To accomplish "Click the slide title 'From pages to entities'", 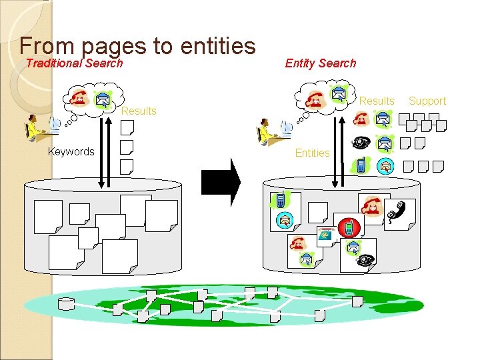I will point(137,45).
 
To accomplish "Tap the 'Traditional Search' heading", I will point(74,63).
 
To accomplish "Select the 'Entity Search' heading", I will point(320,63).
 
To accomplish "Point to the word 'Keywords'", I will point(71,152).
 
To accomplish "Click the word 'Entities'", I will point(312,153).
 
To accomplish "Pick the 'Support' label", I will point(427,101).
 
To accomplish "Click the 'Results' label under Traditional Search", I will point(138,111).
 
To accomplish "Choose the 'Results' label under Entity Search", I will point(377,101).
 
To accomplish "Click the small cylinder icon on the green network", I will point(66,305).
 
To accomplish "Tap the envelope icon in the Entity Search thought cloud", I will point(340,94).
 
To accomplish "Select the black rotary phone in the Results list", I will point(361,143).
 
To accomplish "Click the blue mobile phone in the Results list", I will point(361,165).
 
